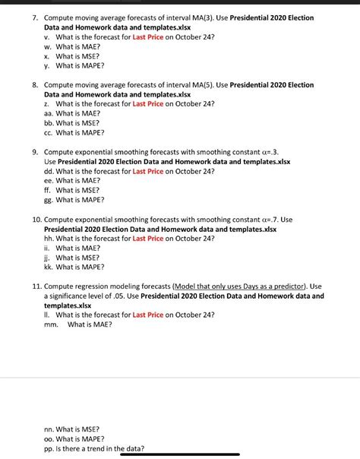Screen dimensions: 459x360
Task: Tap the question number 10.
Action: [36, 220]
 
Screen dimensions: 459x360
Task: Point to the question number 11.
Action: [36, 287]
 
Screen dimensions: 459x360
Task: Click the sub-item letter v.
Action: [47, 36]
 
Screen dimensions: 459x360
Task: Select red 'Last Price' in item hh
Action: [148, 239]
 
